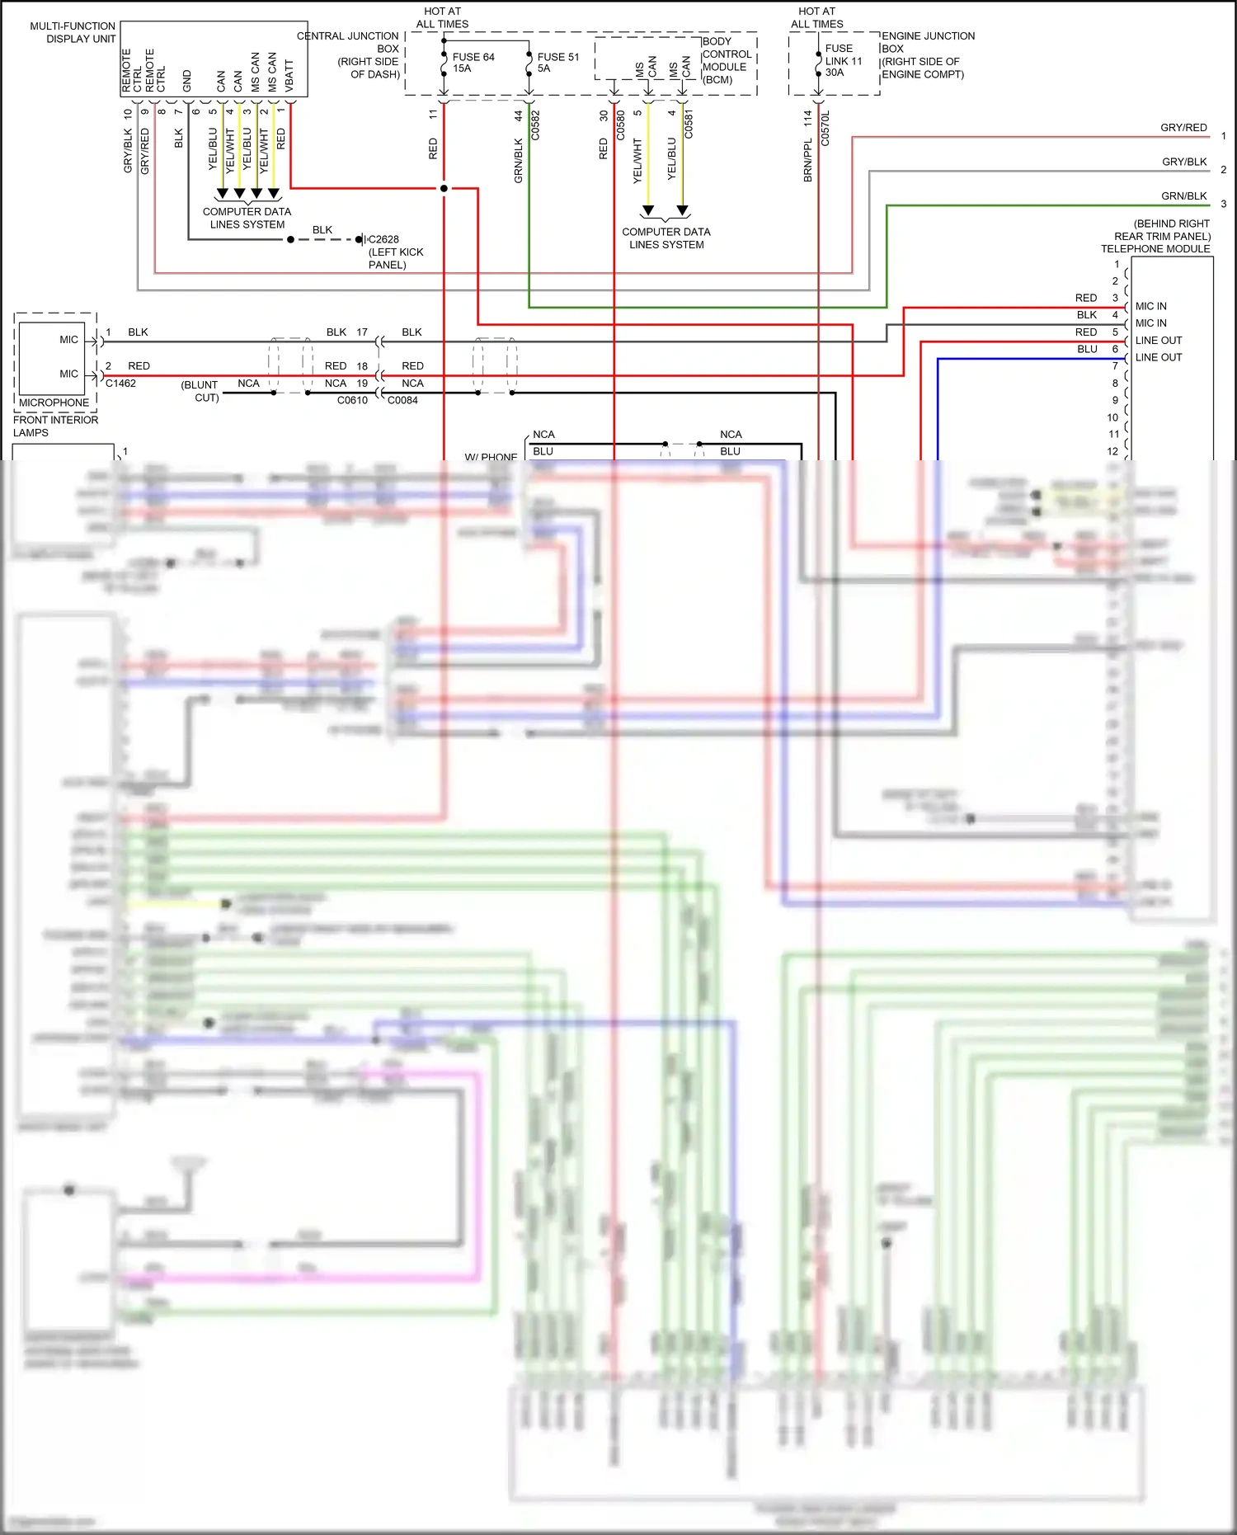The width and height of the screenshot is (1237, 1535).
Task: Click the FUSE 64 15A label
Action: (473, 63)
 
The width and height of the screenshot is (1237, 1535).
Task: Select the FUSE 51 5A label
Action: (557, 63)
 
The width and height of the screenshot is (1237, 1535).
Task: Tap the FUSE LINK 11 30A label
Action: (843, 60)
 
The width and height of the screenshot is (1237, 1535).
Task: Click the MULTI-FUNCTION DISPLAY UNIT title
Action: (73, 32)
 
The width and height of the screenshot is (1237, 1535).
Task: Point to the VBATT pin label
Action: (289, 75)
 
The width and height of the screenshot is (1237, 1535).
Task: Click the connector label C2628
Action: (383, 239)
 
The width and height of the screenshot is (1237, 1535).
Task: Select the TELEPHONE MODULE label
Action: (1155, 248)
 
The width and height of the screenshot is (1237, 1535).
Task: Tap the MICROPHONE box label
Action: (54, 403)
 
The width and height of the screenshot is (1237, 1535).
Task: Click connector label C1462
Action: (120, 383)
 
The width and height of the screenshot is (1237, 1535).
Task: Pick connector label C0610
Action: (352, 400)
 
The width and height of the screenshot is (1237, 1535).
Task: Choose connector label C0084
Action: (402, 400)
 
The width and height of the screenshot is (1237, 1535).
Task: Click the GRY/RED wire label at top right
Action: (1183, 127)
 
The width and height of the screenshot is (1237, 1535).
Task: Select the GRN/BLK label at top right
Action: (1183, 195)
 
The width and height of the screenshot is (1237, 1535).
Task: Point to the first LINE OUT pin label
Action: (1158, 340)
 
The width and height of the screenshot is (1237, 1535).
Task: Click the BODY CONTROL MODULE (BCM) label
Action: (726, 60)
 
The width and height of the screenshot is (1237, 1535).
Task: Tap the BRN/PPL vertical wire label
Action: (808, 159)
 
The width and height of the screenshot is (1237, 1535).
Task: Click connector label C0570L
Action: (825, 129)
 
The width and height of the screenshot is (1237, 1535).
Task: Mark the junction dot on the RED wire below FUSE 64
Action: (444, 188)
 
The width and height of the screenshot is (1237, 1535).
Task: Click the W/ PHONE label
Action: (491, 456)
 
